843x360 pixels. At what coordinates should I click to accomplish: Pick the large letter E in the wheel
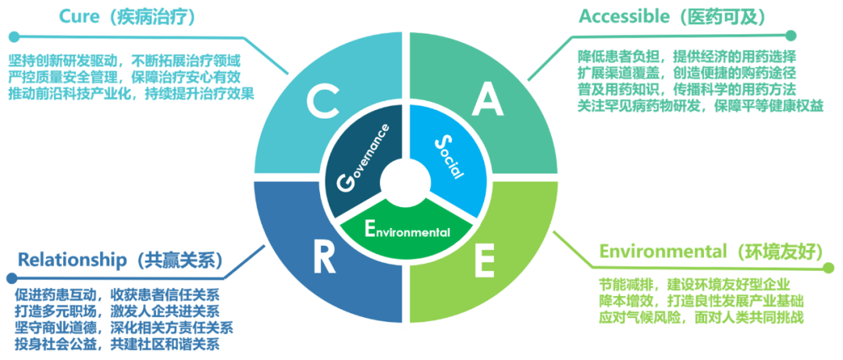[484, 261]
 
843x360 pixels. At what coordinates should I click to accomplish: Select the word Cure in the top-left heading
[80, 17]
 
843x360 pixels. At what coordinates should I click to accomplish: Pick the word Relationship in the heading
[72, 261]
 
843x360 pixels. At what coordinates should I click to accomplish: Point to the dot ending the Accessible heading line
[791, 36]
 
